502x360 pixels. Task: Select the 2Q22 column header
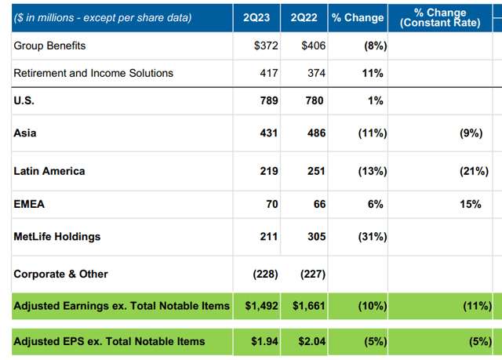pyautogui.click(x=304, y=17)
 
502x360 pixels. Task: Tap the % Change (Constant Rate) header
pyautogui.click(x=441, y=17)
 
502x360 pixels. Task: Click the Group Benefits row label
pyautogui.click(x=49, y=45)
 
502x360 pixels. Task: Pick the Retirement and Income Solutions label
pyautogui.click(x=93, y=73)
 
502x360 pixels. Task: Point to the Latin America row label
pyautogui.click(x=49, y=171)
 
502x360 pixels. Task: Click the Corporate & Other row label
pyautogui.click(x=60, y=274)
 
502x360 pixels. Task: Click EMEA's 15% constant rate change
pyautogui.click(x=471, y=204)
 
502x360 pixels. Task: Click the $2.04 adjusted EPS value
pyautogui.click(x=309, y=340)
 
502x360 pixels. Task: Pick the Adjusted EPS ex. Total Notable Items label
pyautogui.click(x=109, y=340)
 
